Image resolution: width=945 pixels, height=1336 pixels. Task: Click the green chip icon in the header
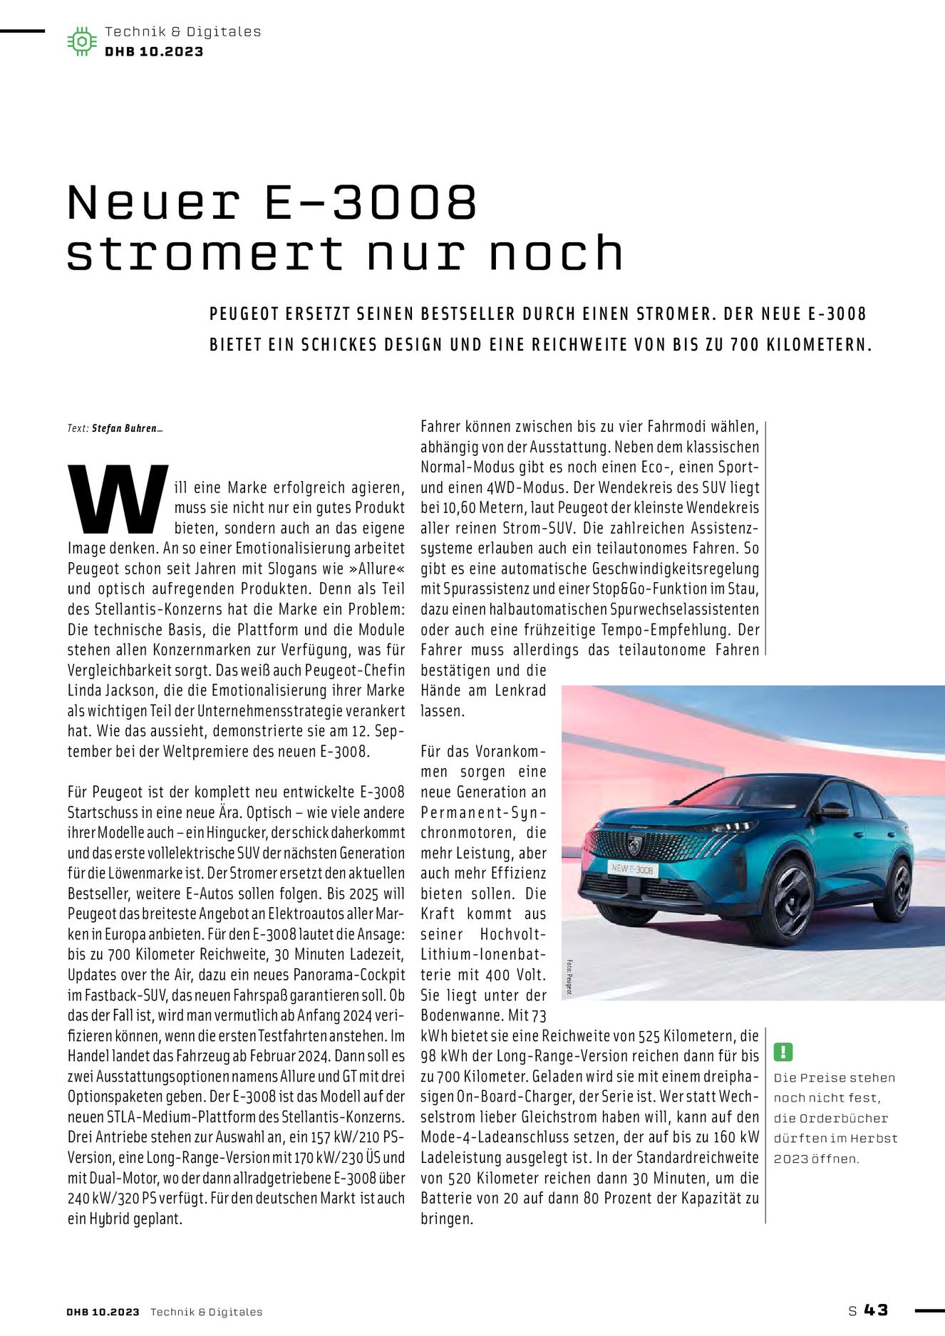pos(82,41)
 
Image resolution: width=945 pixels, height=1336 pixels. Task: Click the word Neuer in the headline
pos(153,203)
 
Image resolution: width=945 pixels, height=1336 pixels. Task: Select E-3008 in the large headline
pos(370,203)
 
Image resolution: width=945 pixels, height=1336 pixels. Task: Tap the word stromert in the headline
pos(205,254)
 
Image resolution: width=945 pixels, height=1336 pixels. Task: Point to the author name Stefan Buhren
pos(124,429)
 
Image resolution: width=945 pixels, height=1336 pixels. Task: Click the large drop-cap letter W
pos(118,499)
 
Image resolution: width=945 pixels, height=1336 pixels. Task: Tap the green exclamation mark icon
pos(783,1052)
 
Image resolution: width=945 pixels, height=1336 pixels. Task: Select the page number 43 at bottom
pos(876,1310)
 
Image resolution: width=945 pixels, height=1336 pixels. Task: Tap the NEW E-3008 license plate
pos(632,869)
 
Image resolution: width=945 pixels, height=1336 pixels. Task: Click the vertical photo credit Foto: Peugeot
pos(569,976)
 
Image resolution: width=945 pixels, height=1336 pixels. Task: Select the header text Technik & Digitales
pos(182,31)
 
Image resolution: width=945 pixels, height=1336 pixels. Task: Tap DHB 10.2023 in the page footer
pos(103,1312)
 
